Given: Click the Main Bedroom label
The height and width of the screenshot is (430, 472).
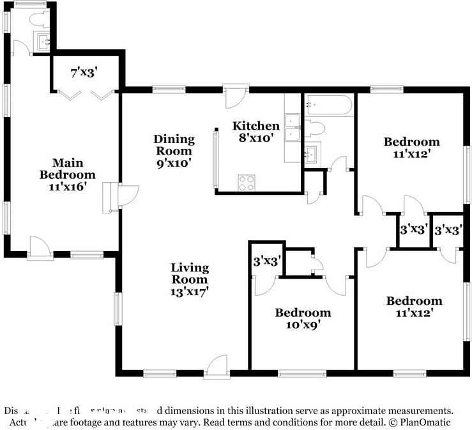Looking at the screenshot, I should coord(67,174).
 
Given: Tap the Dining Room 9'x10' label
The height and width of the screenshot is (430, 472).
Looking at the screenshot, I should coord(172,151).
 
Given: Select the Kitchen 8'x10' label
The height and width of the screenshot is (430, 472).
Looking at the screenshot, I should coord(255,131).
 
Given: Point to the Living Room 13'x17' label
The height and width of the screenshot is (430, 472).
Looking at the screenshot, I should coord(189,279).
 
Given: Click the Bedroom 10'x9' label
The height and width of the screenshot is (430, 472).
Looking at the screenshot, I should coord(303,318).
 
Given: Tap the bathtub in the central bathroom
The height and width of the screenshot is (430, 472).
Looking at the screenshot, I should coord(328,105).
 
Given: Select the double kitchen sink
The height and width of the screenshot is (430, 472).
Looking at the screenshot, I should coord(293,127).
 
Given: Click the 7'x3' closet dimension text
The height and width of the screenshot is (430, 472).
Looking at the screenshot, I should coord(84,73).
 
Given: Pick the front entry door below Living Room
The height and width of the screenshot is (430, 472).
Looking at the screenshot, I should coord(216,367).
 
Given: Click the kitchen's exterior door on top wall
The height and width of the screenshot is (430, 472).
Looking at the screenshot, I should coord(234,96).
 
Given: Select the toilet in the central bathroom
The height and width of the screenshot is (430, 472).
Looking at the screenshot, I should coord(316,128).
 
